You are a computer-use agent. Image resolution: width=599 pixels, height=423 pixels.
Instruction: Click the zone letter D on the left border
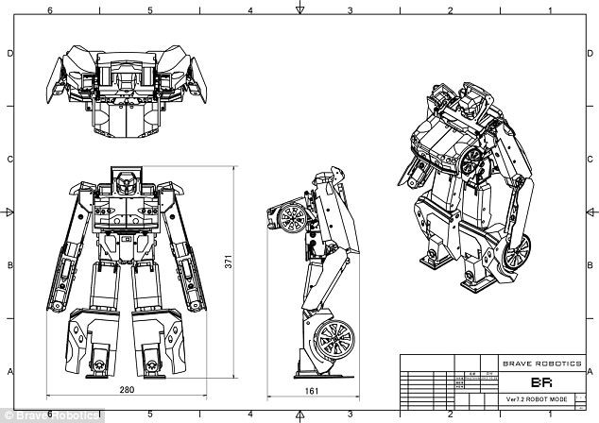[9, 54]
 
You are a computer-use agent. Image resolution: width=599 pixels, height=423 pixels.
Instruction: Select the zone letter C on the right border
[590, 159]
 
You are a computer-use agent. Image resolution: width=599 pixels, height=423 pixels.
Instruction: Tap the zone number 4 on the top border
[249, 10]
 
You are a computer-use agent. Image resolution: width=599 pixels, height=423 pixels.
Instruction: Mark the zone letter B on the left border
[9, 265]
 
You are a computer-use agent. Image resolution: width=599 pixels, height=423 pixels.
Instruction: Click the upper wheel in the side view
[291, 218]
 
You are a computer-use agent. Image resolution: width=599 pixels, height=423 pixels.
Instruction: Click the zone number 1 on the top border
[550, 10]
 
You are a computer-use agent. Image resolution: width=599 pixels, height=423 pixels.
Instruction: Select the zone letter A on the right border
[590, 371]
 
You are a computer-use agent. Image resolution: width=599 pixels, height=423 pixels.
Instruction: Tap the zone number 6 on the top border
[48, 10]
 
